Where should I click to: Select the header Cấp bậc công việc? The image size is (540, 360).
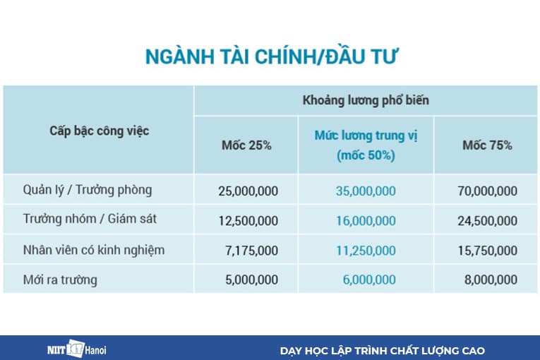tap(99, 131)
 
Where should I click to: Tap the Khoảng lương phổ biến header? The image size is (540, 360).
tap(366, 100)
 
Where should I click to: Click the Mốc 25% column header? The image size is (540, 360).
tap(246, 145)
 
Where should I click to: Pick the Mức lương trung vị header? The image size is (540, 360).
tap(366, 145)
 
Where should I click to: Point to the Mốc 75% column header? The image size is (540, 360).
tap(487, 145)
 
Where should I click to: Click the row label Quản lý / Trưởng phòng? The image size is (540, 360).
tap(88, 190)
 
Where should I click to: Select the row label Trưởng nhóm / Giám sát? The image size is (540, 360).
tap(90, 219)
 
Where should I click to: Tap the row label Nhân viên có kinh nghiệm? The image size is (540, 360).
tap(94, 250)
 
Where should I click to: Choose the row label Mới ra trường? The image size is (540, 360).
tap(60, 280)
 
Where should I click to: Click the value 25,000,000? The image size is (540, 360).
tap(248, 191)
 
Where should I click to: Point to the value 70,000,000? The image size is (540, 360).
tap(487, 191)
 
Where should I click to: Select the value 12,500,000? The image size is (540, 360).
tap(248, 220)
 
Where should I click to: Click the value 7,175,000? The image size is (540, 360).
tap(253, 251)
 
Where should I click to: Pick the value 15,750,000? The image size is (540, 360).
tap(487, 251)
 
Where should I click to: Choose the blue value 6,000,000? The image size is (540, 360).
tap(369, 280)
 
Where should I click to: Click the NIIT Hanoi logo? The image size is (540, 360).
tap(73, 349)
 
